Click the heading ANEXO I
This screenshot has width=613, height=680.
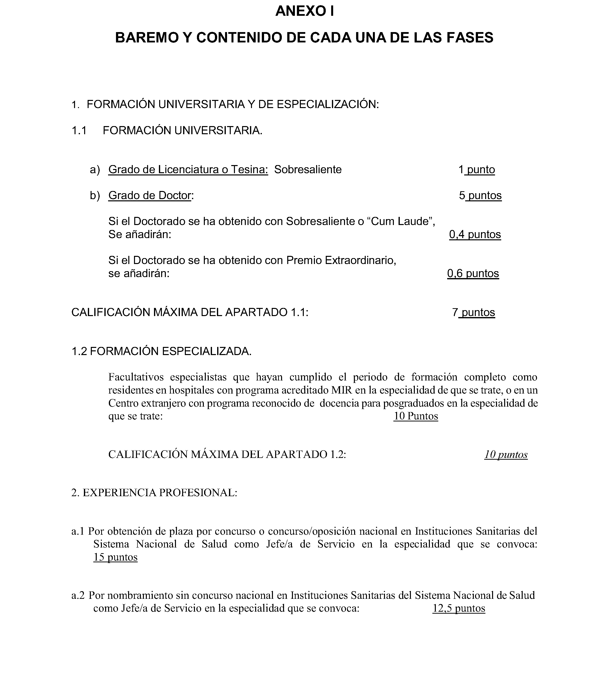[x=305, y=11]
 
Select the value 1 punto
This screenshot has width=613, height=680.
[x=477, y=170]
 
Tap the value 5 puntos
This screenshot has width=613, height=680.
[x=480, y=195]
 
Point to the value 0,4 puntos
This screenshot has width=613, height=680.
[x=475, y=234]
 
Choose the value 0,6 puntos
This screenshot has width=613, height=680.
[x=473, y=273]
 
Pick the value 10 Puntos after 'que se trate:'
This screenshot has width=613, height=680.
[x=416, y=416]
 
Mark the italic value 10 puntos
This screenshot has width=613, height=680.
[x=506, y=455]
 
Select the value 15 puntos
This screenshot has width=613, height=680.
[x=115, y=557]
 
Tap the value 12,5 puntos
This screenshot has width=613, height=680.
[x=459, y=608]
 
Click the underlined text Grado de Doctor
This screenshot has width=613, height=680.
[x=150, y=195]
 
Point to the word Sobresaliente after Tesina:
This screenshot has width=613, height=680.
[x=308, y=170]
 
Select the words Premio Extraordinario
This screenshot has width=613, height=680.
[x=341, y=260]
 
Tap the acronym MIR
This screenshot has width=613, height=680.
[x=342, y=390]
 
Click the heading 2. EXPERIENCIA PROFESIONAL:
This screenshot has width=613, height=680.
[x=154, y=493]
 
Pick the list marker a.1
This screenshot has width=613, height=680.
[x=77, y=531]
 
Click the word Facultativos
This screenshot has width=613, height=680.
[x=136, y=377]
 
